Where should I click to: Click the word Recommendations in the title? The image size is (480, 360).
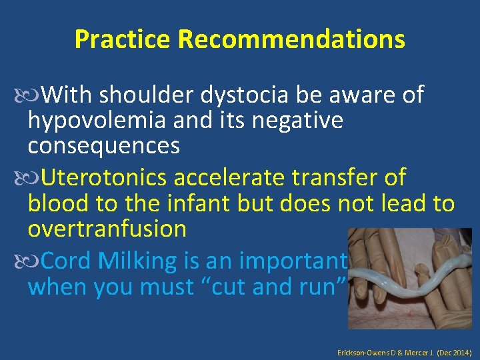point(291,40)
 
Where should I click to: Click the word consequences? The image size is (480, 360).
point(103,145)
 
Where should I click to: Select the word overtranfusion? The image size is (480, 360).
point(107,228)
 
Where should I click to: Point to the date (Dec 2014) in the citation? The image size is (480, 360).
point(456,350)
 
